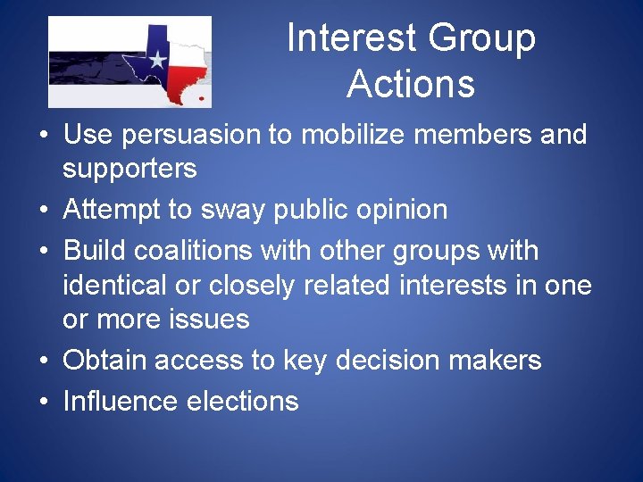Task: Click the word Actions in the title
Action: (410, 84)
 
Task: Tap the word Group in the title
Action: (481, 38)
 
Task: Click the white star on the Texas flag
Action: (157, 61)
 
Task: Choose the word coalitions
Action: (187, 251)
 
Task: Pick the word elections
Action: (242, 402)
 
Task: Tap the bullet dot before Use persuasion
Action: (43, 137)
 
